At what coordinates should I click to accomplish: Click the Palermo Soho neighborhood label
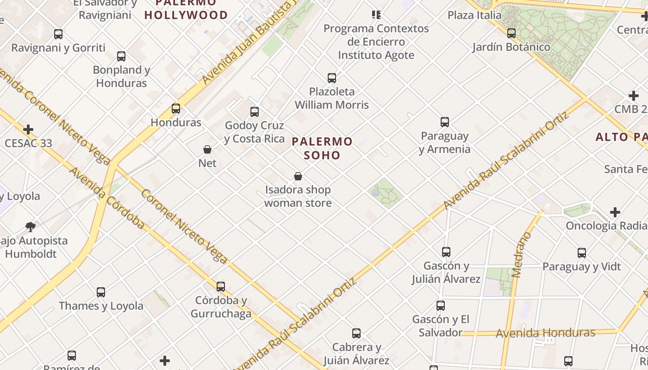coord(322,148)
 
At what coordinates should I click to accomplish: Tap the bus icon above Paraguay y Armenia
coord(444,122)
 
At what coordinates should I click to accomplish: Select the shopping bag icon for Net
coord(207,149)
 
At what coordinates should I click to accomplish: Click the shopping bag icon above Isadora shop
coord(298,176)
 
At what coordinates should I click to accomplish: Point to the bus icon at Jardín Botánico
coord(511,33)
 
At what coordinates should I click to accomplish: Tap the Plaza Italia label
coord(474,15)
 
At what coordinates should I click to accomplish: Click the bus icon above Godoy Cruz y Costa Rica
coord(254,111)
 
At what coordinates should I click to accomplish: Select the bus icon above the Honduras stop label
coord(176,109)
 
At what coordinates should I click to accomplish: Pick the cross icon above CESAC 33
coord(28,129)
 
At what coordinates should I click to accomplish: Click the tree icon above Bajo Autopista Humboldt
coord(31,227)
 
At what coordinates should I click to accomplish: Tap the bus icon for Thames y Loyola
coord(100,292)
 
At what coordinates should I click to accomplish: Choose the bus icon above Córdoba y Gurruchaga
coord(221,286)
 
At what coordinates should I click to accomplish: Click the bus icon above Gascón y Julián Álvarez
coord(446,252)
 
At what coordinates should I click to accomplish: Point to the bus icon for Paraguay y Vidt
coord(581,253)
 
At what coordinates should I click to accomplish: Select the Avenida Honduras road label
coord(545,333)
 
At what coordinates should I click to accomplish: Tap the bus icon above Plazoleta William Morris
coord(331,78)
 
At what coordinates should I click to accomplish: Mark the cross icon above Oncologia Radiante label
coord(615,212)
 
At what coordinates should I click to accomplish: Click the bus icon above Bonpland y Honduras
coord(121,56)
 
